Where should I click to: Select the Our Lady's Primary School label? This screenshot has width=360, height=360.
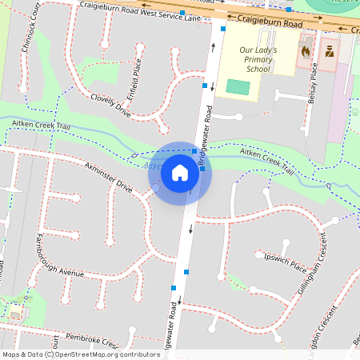[258, 59]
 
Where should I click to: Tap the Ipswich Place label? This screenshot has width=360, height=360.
[285, 262]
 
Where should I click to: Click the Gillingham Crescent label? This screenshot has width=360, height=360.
[313, 263]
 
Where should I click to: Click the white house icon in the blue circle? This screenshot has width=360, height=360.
[180, 172]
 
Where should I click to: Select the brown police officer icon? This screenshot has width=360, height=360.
[330, 51]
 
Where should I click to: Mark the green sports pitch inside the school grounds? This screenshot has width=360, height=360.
[238, 86]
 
